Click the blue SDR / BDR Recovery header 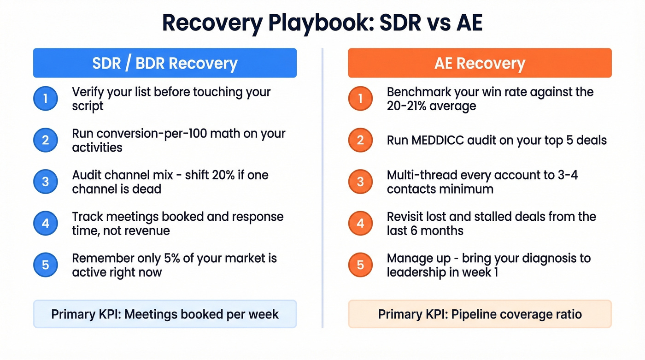[164, 63]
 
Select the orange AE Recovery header [480, 63]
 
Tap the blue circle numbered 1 [45, 99]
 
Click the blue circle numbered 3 [45, 182]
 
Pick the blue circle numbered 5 [45, 265]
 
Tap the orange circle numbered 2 [360, 140]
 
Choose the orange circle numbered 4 [360, 223]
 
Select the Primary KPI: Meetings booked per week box [164, 314]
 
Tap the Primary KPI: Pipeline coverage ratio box [480, 314]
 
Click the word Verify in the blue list [87, 92]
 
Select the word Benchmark [420, 92]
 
